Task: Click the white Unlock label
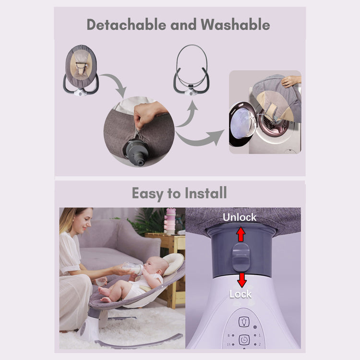coord(240,217)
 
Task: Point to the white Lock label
coord(240,294)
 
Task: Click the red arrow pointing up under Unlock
coord(241,234)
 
